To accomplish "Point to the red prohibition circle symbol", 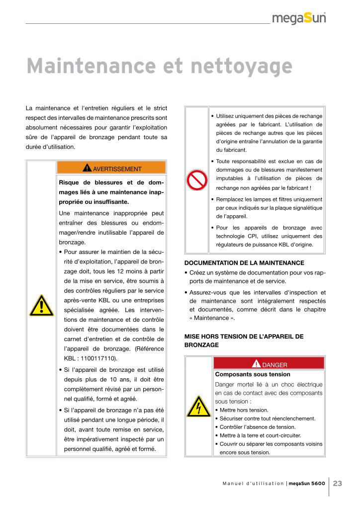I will (197, 180).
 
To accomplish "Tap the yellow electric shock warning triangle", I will (198, 408).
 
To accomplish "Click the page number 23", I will (338, 483).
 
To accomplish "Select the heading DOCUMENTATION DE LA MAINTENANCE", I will (244, 263).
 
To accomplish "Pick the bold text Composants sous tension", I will (253, 374).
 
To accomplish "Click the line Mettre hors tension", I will (244, 410).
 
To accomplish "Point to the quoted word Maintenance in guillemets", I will (212, 319).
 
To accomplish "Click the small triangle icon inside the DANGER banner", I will (257, 364).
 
